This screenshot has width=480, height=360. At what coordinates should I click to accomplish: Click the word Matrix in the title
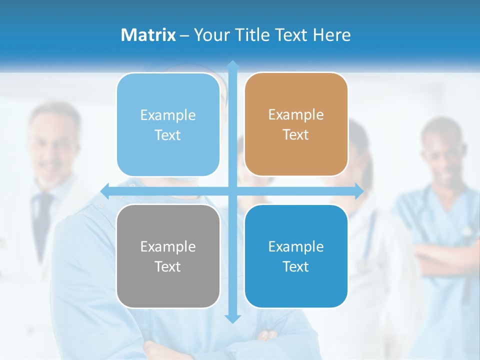point(148,35)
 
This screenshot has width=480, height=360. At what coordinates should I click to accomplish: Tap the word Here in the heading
point(331,35)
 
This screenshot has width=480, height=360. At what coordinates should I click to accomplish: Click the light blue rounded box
point(168,124)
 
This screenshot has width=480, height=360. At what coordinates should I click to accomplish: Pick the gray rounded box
point(168,256)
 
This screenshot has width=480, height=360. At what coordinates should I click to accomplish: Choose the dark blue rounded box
point(296,256)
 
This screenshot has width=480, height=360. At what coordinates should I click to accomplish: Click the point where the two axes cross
point(232,190)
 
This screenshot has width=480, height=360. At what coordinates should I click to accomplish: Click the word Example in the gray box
point(168,246)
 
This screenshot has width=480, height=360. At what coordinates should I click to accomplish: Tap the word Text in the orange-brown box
point(296,134)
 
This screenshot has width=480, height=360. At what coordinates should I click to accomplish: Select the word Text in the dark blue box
point(296,266)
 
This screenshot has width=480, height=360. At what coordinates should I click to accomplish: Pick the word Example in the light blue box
point(168,115)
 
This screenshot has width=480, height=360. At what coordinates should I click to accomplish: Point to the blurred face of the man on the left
point(54,145)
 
